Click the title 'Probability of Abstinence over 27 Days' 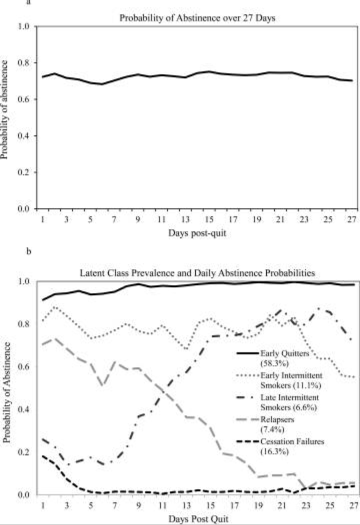click(197, 18)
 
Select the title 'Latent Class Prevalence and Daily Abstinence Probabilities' click(197, 273)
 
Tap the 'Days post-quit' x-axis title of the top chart click(197, 233)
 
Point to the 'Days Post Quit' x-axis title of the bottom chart click(198, 519)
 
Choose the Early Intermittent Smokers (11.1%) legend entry click(279, 380)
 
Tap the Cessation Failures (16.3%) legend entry click(280, 446)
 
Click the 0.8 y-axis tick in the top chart click(28, 63)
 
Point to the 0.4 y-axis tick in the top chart click(28, 136)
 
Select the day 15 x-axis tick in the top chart click(209, 219)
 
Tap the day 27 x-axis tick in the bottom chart click(351, 505)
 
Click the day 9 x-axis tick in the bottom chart click(138, 505)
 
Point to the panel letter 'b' click(29, 251)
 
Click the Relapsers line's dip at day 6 click(103, 385)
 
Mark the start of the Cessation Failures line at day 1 click(43, 456)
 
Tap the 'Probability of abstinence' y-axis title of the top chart click(5, 109)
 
